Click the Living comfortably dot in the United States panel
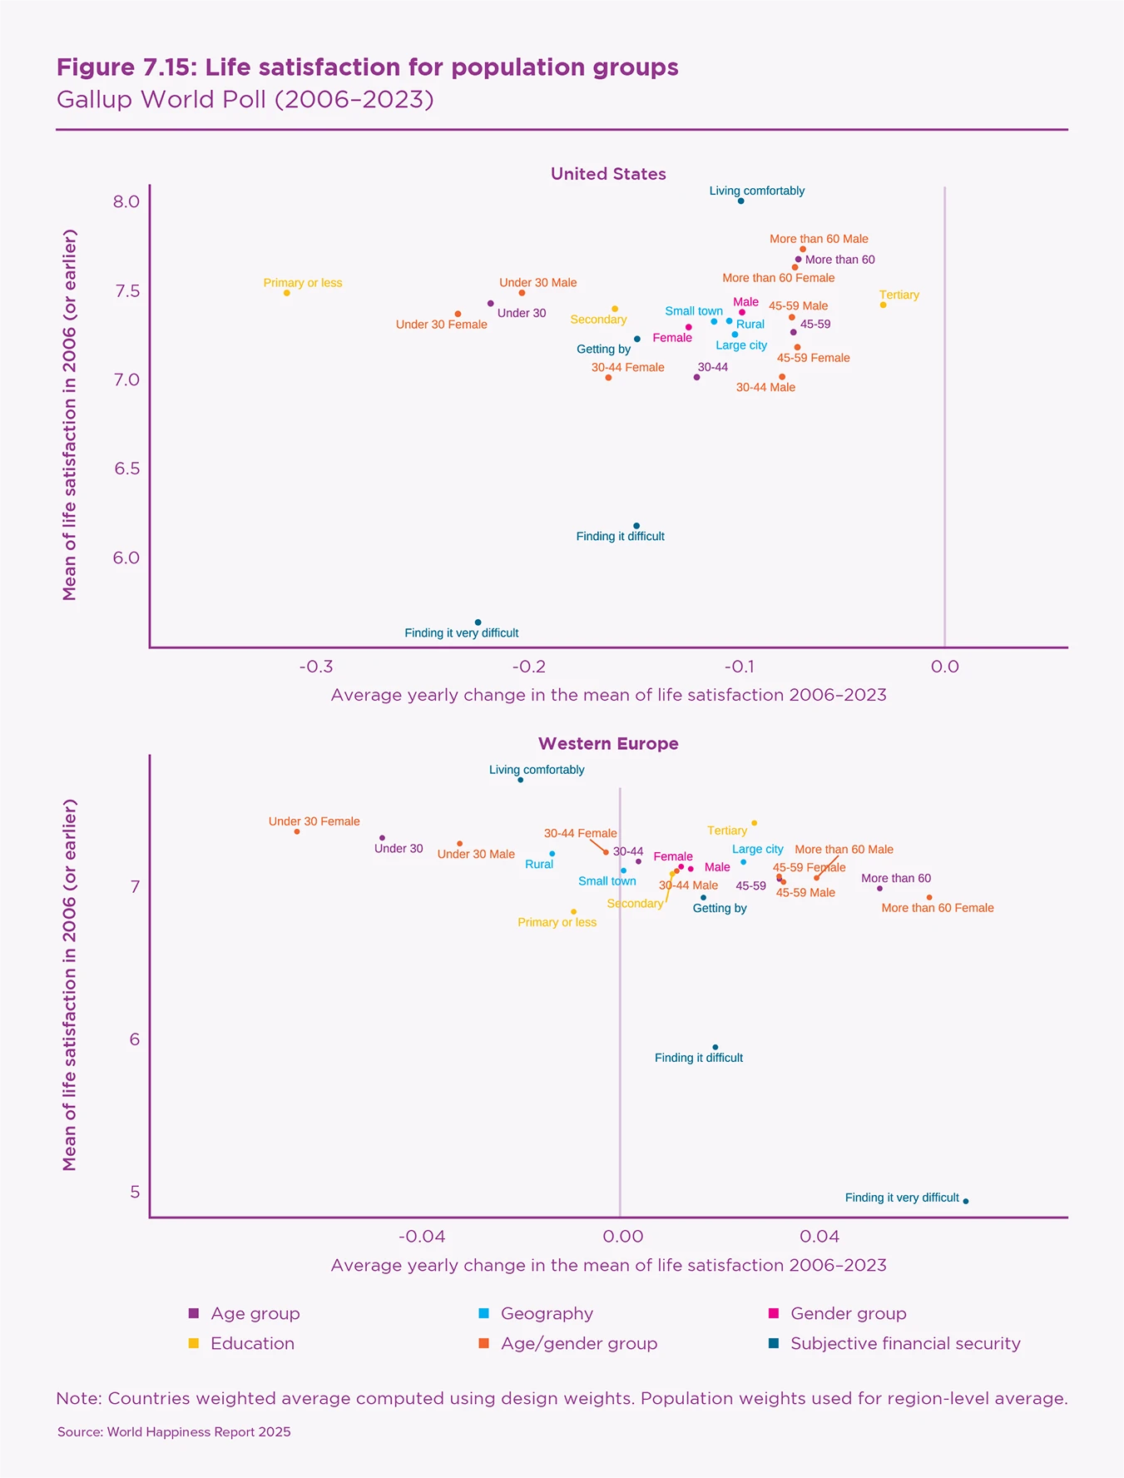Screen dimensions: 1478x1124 (740, 201)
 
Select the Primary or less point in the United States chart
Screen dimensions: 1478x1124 (287, 293)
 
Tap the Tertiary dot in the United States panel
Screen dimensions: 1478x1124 (883, 305)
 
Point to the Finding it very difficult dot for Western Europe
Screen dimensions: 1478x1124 (965, 1201)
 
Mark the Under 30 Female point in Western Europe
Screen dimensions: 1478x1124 (297, 831)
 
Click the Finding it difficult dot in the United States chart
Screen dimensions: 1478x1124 (636, 526)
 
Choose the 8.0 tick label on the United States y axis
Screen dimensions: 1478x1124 (126, 202)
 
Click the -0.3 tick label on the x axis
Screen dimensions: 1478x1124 (316, 667)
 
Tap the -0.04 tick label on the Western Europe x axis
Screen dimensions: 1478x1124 (422, 1237)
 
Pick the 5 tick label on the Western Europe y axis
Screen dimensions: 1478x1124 (135, 1192)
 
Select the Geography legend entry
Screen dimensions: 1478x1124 (547, 1313)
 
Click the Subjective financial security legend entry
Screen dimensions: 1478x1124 (904, 1343)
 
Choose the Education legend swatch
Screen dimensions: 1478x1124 (194, 1343)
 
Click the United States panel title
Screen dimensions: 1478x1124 (608, 174)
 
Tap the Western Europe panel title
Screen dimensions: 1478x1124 (608, 744)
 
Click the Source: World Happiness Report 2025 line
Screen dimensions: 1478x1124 (174, 1432)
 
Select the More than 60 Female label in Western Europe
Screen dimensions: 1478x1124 (937, 908)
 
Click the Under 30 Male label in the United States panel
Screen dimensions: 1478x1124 (537, 283)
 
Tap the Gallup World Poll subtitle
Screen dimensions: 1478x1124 (245, 100)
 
